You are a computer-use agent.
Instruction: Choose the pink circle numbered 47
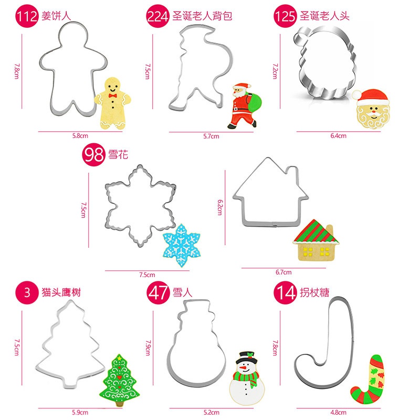pyautogui.click(x=159, y=292)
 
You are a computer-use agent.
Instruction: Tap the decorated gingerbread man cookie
pyautogui.click(x=111, y=103)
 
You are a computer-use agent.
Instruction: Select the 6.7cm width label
pyautogui.click(x=283, y=272)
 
